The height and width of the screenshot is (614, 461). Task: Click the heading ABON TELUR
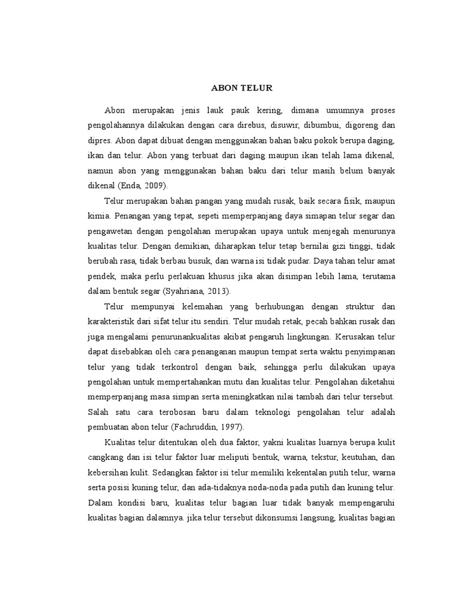click(x=242, y=88)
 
